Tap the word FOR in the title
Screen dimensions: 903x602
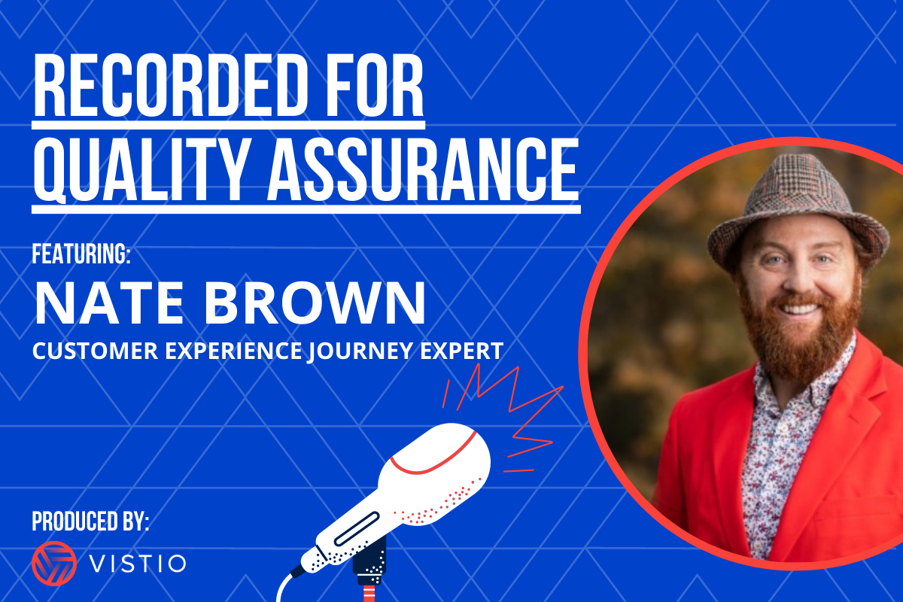pyautogui.click(x=375, y=86)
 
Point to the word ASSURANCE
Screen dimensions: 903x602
pyautogui.click(x=423, y=169)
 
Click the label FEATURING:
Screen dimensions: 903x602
pyautogui.click(x=81, y=254)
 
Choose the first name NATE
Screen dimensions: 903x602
pyautogui.click(x=109, y=303)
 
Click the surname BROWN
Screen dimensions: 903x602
pyautogui.click(x=315, y=303)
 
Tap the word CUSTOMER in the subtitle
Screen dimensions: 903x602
pyautogui.click(x=95, y=351)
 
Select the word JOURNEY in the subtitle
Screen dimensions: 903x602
pyautogui.click(x=360, y=351)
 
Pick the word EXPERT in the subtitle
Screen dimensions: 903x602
pyautogui.click(x=462, y=351)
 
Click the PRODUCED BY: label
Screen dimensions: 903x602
pyautogui.click(x=90, y=521)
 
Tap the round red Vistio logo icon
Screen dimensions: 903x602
pyautogui.click(x=54, y=564)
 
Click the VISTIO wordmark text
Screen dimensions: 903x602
pyautogui.click(x=138, y=564)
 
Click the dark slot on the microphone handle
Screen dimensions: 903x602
pyautogui.click(x=357, y=528)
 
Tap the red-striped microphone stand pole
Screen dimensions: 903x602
pyautogui.click(x=369, y=593)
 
